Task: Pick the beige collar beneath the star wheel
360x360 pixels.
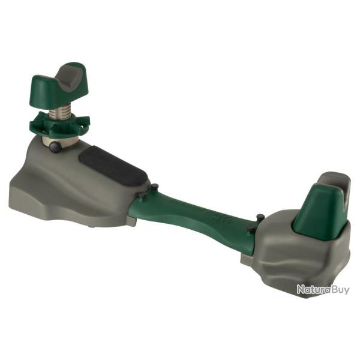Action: click(x=60, y=139)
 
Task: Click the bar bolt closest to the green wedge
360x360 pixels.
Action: click(x=259, y=217)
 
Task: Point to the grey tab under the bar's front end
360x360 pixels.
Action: click(x=130, y=220)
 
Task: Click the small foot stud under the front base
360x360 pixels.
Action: click(x=92, y=226)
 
